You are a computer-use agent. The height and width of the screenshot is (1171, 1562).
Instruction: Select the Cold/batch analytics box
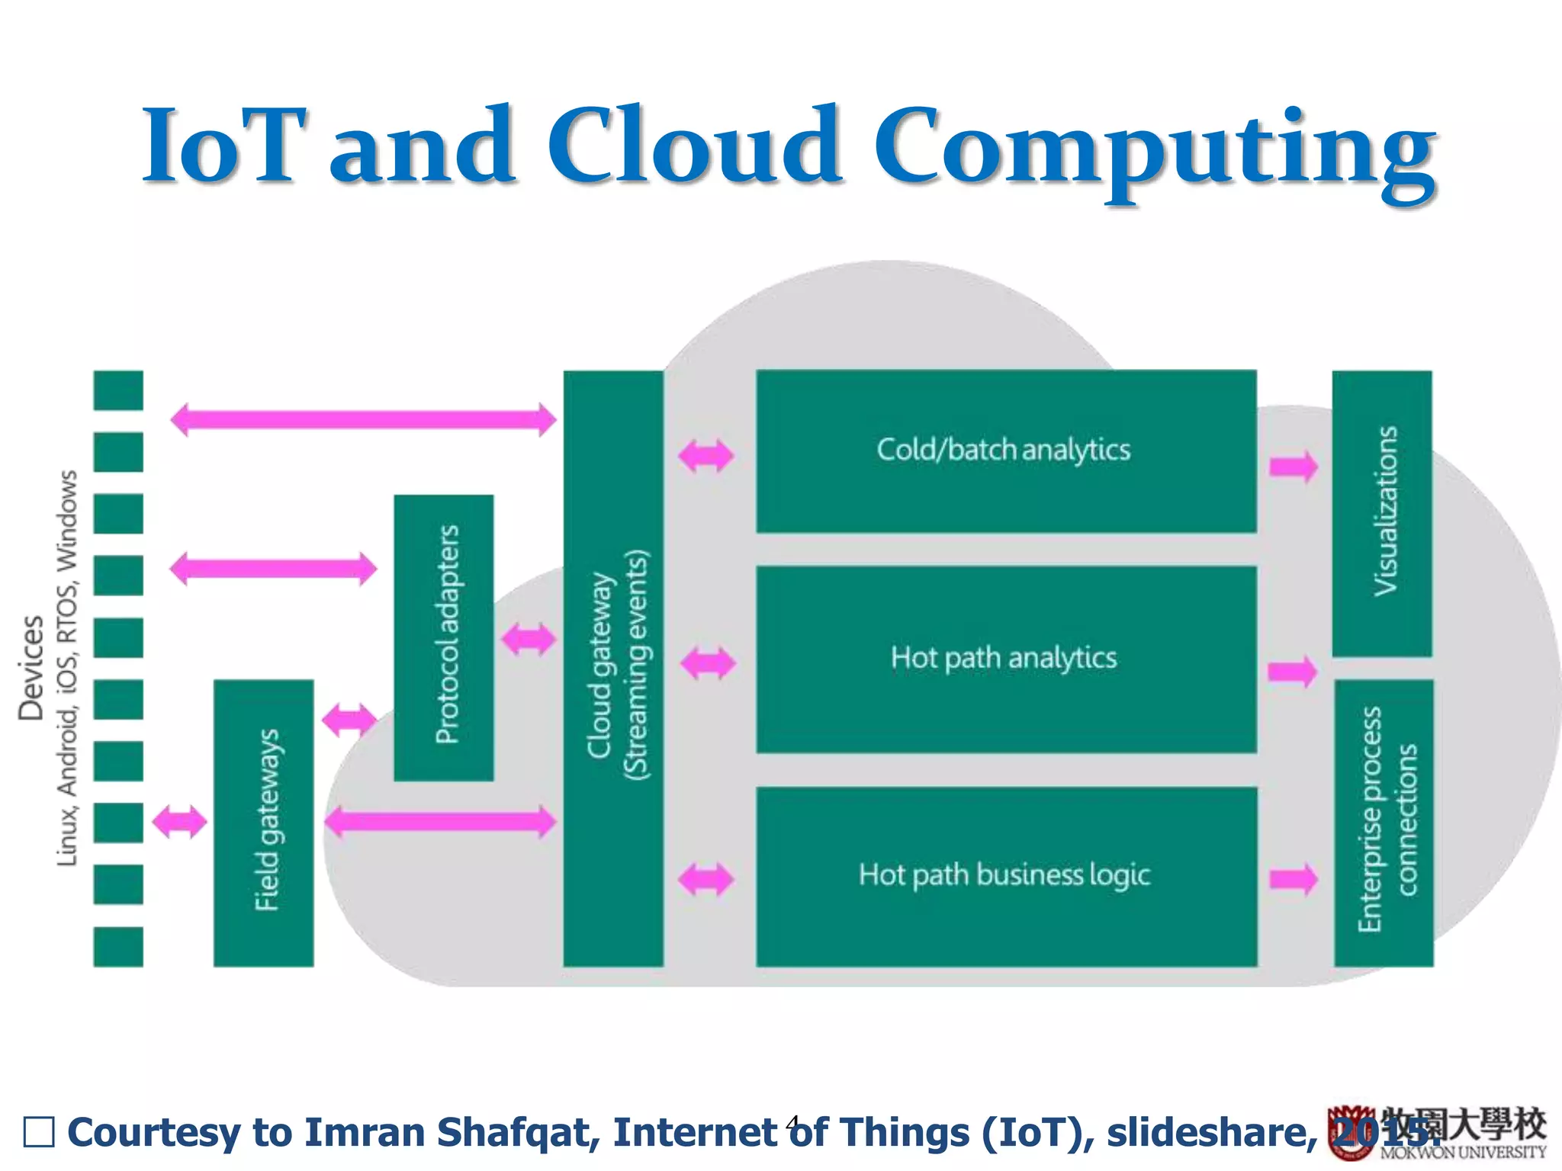pyautogui.click(x=1005, y=451)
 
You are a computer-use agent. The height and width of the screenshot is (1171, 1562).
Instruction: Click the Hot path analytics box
pyautogui.click(x=1005, y=659)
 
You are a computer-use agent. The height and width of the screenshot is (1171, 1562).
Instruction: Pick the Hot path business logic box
pyautogui.click(x=1005, y=876)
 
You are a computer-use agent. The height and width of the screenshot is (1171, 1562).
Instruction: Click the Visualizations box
pyautogui.click(x=1381, y=513)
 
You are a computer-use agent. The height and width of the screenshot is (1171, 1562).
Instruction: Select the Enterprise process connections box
pyautogui.click(x=1384, y=822)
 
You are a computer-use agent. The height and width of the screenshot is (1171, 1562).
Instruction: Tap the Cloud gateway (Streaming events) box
pyautogui.click(x=612, y=669)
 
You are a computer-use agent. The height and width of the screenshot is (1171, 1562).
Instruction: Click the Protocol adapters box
pyautogui.click(x=443, y=637)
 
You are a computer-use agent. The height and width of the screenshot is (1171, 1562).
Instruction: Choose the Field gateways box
pyautogui.click(x=263, y=822)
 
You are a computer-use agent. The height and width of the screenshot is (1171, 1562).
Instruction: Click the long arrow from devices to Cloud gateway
pyautogui.click(x=363, y=419)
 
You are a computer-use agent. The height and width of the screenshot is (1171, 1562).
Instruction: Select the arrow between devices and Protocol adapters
pyautogui.click(x=273, y=569)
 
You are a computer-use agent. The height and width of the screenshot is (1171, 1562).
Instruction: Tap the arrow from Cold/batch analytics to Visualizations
pyautogui.click(x=1293, y=467)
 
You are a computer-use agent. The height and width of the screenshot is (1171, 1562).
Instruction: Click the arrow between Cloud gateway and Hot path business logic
pyautogui.click(x=705, y=879)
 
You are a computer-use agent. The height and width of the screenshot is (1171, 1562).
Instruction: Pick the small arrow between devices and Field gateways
pyautogui.click(x=179, y=822)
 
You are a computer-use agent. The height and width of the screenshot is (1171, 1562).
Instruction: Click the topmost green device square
pyautogui.click(x=118, y=390)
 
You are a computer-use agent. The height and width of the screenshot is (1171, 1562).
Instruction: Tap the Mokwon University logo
pyautogui.click(x=1438, y=1133)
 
